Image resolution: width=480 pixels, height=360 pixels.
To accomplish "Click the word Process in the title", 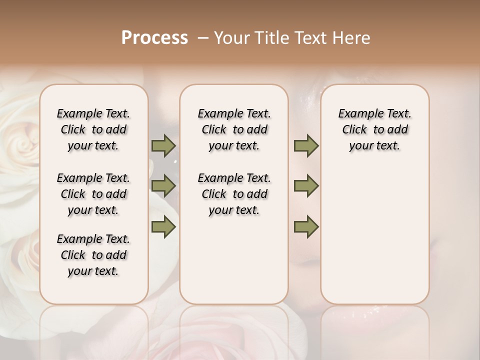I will coord(154,38).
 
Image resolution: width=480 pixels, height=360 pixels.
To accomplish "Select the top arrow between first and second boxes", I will coord(163,146).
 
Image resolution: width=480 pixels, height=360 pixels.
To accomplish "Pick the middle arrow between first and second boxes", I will coord(163,186).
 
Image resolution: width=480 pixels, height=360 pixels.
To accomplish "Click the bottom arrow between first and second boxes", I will coord(163,226).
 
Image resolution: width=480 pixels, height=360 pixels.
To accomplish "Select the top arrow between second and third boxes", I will coord(306,146).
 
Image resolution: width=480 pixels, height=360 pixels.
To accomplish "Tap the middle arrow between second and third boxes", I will coord(306,186).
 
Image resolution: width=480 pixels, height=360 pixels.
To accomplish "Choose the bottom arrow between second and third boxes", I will coord(306,226).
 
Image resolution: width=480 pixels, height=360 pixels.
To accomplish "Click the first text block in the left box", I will coord(93,129).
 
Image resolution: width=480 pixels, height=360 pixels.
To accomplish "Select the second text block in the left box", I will coord(93,194).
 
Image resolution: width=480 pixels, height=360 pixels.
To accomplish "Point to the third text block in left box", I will coord(93,255).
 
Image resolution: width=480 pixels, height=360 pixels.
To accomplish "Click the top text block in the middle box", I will coord(234,129).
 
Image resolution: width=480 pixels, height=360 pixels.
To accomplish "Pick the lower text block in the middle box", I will coord(234,194).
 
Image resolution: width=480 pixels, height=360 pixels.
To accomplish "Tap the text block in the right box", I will coord(374,129).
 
